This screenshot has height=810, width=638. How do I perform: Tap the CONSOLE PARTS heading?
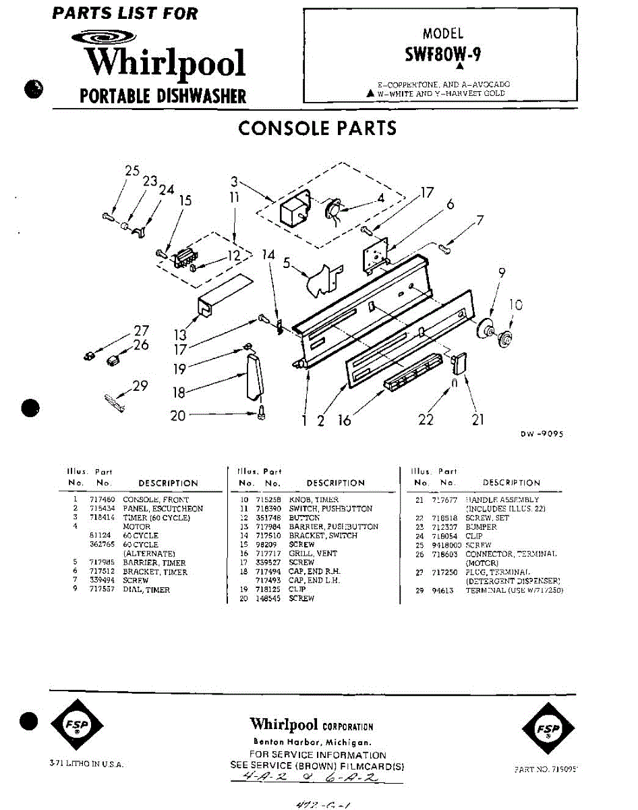point(318,128)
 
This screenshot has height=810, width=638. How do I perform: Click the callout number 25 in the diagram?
point(132,171)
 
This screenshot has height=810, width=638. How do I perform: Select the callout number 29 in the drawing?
point(140,386)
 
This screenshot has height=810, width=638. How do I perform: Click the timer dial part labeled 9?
point(484,331)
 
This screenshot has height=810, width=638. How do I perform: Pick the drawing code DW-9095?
point(541,435)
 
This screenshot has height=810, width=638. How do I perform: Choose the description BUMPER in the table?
point(481,527)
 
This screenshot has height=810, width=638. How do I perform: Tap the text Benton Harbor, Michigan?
point(311,742)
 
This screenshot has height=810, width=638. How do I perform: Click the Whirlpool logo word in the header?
point(164,63)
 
